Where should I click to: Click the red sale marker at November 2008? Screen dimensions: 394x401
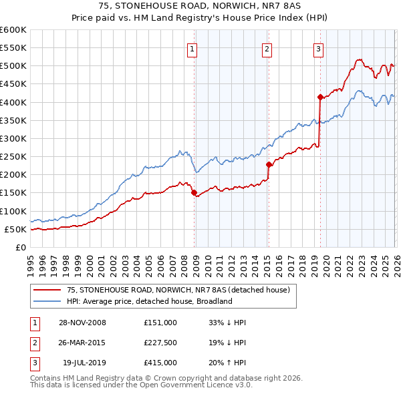click(x=194, y=193)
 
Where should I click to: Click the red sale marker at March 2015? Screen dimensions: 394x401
click(x=269, y=164)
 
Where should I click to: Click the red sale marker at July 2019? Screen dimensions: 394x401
click(x=320, y=97)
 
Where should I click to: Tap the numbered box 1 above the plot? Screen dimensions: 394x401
click(x=192, y=48)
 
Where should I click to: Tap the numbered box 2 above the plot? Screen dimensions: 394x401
click(x=267, y=48)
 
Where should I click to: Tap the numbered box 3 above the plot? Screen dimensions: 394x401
click(x=318, y=48)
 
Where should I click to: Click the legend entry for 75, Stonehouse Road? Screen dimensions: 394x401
click(x=178, y=290)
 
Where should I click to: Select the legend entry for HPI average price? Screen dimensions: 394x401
click(x=148, y=301)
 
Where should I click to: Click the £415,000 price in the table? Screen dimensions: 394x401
click(x=160, y=363)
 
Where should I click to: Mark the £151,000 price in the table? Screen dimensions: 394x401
click(x=160, y=323)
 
